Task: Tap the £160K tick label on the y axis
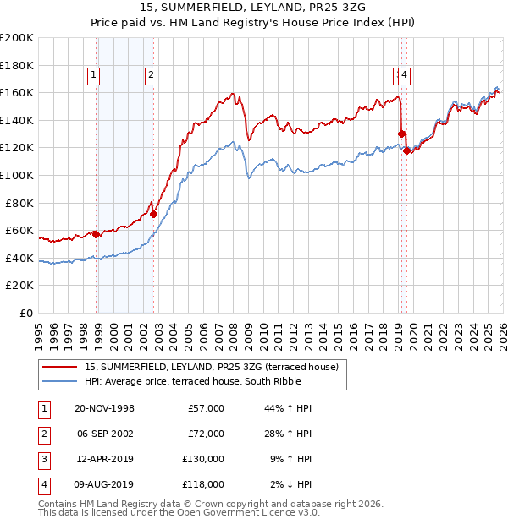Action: (x=17, y=92)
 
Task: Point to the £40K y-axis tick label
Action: (x=19, y=258)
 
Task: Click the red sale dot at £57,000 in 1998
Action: (x=97, y=234)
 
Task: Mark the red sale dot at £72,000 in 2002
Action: (x=153, y=214)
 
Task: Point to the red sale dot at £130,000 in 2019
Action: (x=401, y=134)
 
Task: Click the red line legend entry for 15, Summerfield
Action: (x=211, y=367)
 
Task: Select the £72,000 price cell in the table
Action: (x=207, y=434)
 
